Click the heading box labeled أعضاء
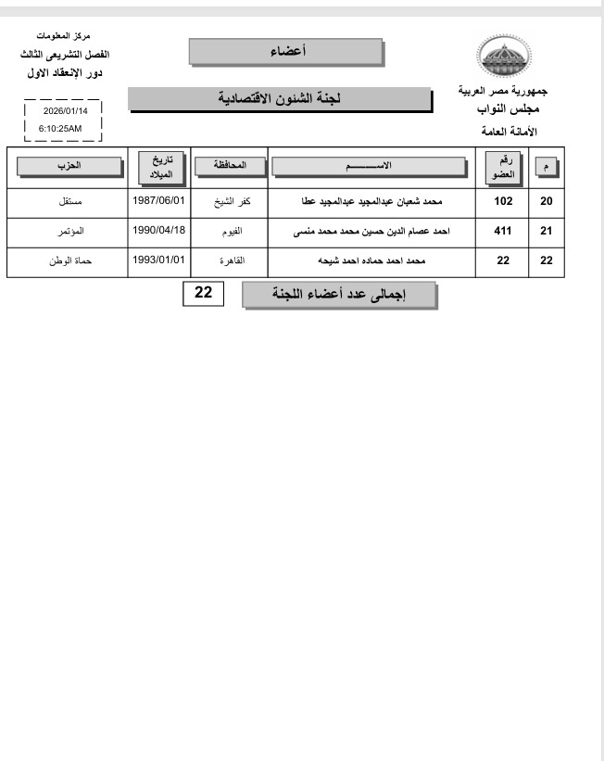285,52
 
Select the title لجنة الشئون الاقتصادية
279,98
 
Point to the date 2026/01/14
63,111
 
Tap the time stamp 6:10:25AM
61,128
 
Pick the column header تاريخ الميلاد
161,166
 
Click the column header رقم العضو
503,166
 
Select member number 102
503,201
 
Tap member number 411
503,231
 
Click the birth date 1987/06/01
160,200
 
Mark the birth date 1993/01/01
160,260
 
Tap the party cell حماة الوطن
71,261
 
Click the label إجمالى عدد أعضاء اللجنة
338,296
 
